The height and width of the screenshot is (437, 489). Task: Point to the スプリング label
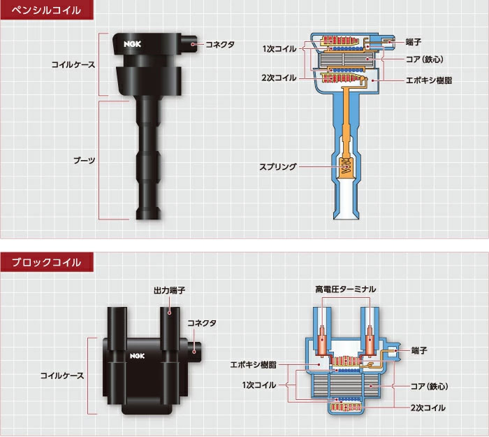[x=278, y=167]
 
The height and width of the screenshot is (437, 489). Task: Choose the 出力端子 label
[x=169, y=289]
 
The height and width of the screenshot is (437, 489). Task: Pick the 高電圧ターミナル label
[x=345, y=289]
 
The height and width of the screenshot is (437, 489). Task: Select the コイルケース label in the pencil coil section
[x=73, y=64]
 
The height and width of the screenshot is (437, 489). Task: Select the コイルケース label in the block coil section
[x=62, y=375]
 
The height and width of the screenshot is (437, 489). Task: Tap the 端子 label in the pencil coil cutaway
[x=414, y=42]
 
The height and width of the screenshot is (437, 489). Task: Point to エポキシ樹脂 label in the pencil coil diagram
[x=429, y=81]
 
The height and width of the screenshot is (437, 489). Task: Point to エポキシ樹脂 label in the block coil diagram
[x=253, y=364]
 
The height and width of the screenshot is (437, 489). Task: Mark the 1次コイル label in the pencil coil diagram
[x=279, y=48]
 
